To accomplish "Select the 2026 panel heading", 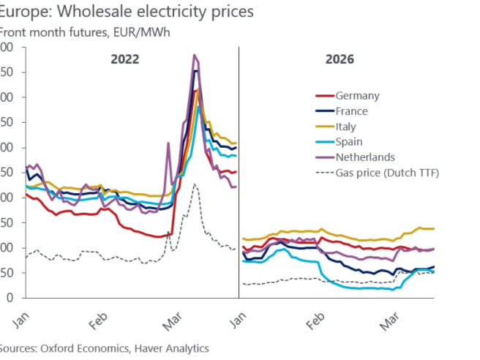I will pos(340,59).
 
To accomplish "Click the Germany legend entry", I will pos(357,96).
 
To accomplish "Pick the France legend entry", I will pos(351,111).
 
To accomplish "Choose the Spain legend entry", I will pos(349,142).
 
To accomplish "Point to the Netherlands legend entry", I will pos(365,157).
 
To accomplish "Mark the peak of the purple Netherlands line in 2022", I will pos(195,55).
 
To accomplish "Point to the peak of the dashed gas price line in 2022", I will pos(195,184).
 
